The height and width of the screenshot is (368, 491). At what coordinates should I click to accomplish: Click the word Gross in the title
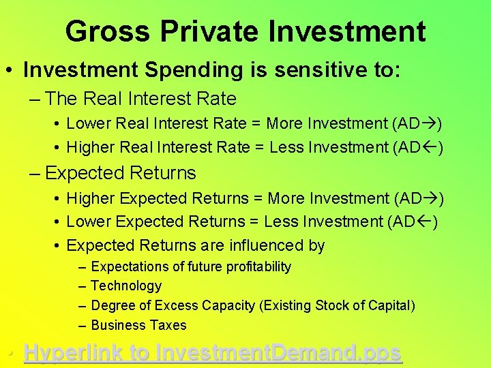(108, 31)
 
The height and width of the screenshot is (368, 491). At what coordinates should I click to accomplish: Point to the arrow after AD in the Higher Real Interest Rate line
(431, 147)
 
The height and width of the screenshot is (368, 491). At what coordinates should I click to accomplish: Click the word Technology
(126, 286)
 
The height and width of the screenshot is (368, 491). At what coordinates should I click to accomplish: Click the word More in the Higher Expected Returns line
(286, 198)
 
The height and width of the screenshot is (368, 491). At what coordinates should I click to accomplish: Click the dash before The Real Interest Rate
(35, 99)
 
